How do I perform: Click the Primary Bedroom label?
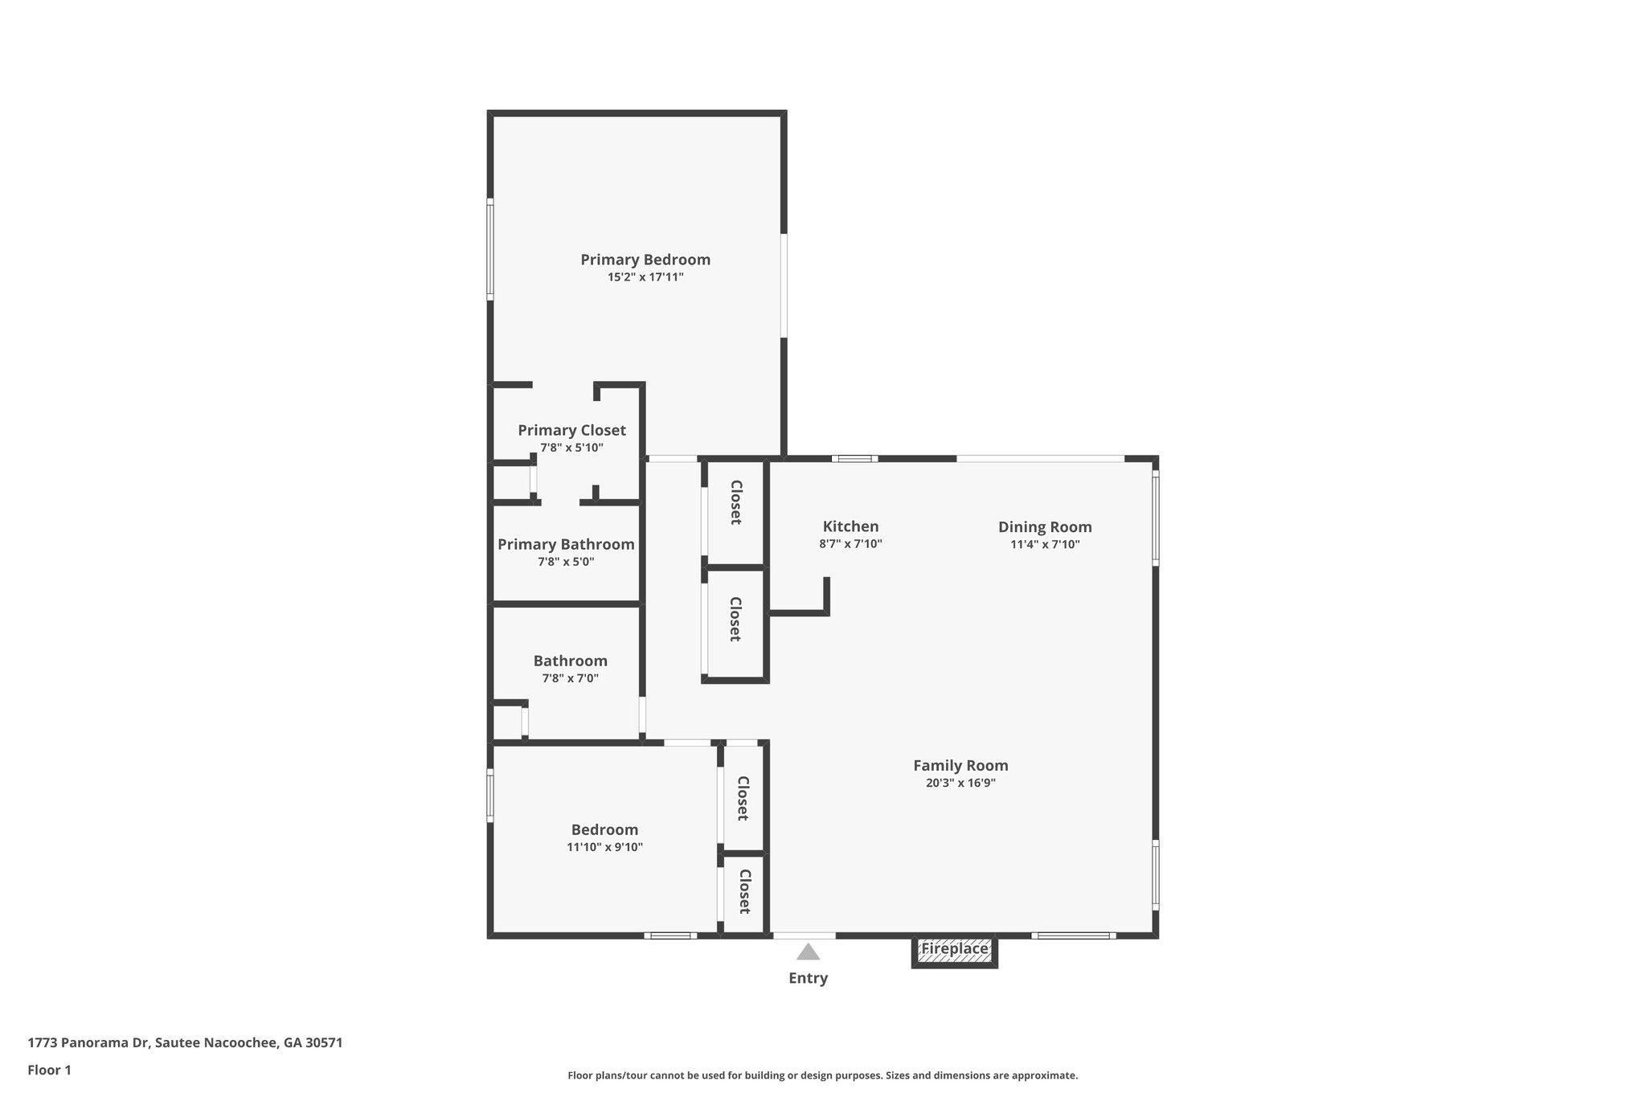point(645,260)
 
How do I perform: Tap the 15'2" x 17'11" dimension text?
point(645,277)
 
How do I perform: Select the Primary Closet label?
point(571,430)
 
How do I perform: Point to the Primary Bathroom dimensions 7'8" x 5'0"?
point(566,562)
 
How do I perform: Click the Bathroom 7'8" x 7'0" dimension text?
point(570,678)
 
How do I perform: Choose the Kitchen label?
point(850,526)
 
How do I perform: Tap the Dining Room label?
point(1045,527)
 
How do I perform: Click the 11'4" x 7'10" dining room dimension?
point(1045,544)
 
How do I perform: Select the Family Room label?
point(960,766)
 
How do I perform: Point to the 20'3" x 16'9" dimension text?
point(960,783)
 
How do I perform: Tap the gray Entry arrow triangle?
point(808,952)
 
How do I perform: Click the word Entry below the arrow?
point(808,978)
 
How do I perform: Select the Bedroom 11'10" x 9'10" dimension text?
point(604,847)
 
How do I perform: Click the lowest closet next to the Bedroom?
point(744,892)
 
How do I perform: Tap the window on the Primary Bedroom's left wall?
point(489,251)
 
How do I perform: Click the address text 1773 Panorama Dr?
point(185,1043)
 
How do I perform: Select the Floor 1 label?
point(49,1070)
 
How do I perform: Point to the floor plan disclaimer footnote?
point(822,1075)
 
